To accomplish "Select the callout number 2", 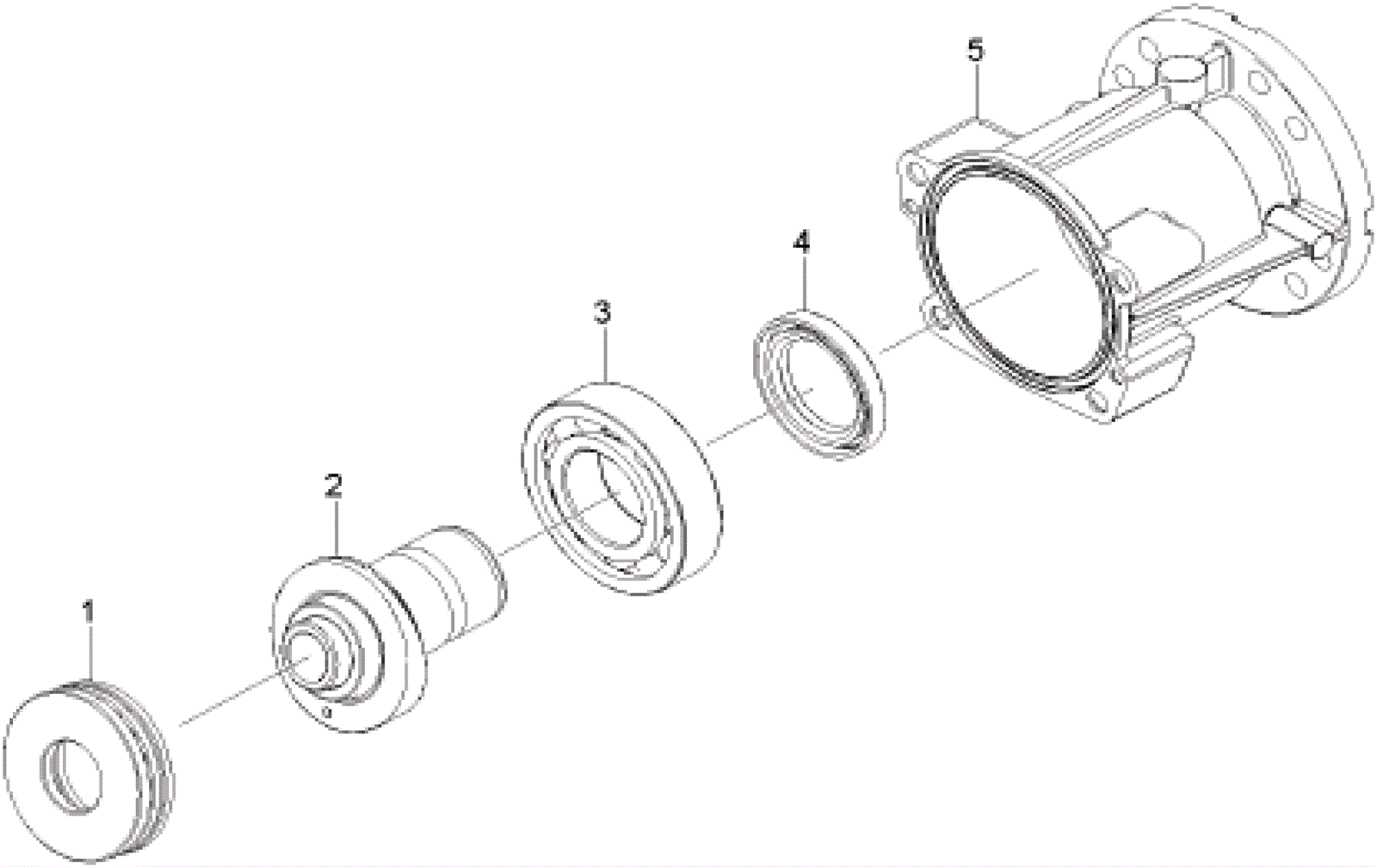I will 334,486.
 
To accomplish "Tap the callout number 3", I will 602,312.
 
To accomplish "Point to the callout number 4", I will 801,242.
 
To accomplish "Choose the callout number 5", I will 974,51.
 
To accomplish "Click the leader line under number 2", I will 336,529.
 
